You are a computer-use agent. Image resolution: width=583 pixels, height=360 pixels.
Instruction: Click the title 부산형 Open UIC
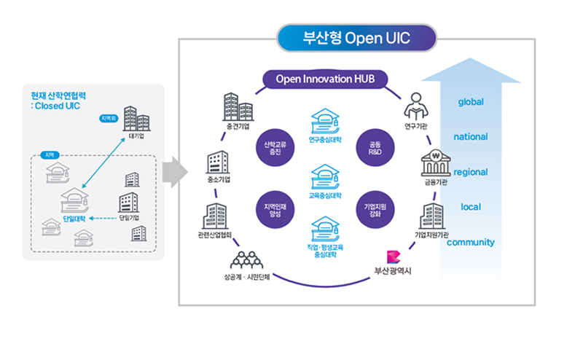coord(356,38)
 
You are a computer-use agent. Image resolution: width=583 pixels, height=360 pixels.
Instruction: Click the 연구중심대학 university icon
coord(325,120)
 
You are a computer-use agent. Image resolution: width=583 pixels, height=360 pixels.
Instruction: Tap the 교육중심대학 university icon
coord(325,177)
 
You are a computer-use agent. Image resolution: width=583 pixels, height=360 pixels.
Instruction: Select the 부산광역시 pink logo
coord(394,257)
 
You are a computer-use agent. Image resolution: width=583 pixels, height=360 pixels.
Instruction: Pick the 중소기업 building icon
coord(219,162)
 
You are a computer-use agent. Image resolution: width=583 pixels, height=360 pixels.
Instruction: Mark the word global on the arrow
coord(471,102)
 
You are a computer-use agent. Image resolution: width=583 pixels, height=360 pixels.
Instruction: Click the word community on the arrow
coord(471,242)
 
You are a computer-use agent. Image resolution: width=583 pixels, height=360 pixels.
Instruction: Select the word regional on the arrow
coord(471,173)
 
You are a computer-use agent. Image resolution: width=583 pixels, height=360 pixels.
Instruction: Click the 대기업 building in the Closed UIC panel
coord(136,118)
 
